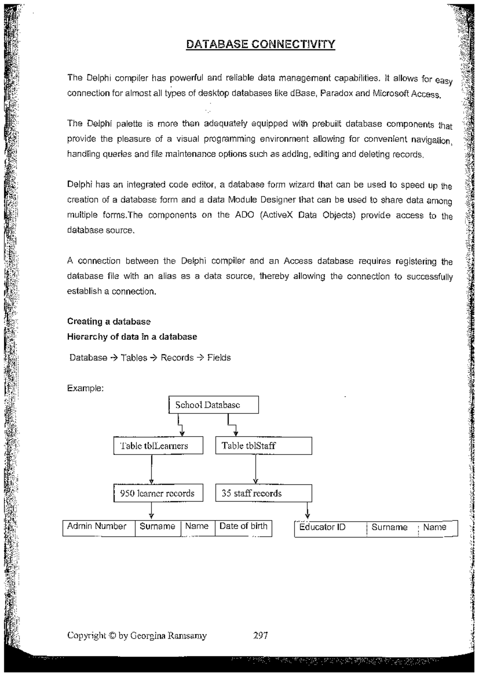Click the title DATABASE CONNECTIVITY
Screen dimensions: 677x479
(261, 44)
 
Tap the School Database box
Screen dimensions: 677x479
(214, 405)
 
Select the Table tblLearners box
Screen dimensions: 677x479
(158, 446)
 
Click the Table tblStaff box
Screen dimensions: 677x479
(263, 446)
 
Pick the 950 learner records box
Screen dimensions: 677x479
(158, 493)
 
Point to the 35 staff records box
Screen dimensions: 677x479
(263, 493)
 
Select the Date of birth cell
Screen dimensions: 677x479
(243, 527)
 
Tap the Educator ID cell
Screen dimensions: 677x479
(330, 528)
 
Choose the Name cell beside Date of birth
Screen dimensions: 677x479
(197, 527)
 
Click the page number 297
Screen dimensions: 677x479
(260, 636)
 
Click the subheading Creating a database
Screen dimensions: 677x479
(109, 321)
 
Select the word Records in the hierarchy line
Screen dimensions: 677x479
(177, 358)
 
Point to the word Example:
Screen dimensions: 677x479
(85, 388)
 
